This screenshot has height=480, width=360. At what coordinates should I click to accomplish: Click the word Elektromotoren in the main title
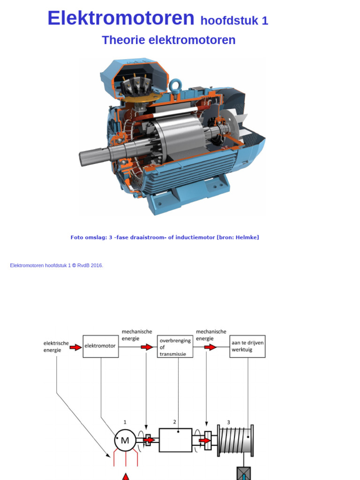pos(120,18)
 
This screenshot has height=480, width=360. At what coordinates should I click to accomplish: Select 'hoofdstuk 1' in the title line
pos(234,21)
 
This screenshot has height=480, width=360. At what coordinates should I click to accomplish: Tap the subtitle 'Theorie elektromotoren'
pos(168,40)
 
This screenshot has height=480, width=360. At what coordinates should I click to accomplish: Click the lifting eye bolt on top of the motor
pos(176,86)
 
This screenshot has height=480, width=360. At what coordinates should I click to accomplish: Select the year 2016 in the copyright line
pos(97,265)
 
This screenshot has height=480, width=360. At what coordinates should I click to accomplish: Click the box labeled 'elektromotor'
pos(100,346)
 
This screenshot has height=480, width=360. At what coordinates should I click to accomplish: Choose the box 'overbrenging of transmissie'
pos(175,347)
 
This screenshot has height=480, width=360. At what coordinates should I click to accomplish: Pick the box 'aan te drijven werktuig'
pos(247,346)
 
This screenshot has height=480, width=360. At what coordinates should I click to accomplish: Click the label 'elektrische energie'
pos(56,346)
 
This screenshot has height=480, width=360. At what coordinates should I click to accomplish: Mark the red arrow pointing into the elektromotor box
pos(75,347)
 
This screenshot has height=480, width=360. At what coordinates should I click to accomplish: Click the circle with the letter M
pos(125,440)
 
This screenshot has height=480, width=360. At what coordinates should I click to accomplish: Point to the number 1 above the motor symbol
pos(125,422)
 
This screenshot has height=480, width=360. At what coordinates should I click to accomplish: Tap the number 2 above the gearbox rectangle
pos(174,422)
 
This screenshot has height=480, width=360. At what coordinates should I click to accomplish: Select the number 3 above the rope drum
pos(229,422)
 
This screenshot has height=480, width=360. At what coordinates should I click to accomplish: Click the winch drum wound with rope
pos(235,440)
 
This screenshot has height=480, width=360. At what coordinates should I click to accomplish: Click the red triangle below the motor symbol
pos(126,477)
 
